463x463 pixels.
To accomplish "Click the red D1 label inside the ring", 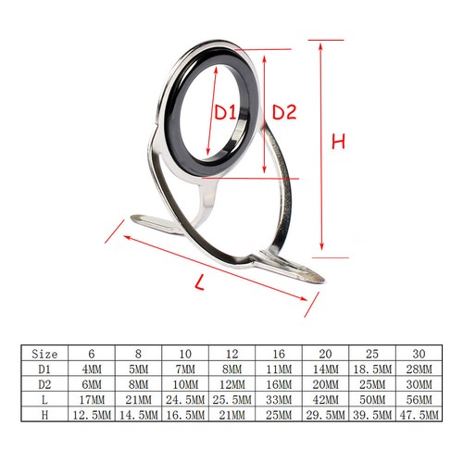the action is pyautogui.click(x=225, y=112).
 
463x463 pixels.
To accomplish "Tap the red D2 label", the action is pyautogui.click(x=284, y=112).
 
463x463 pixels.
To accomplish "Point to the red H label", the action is pyautogui.click(x=338, y=142).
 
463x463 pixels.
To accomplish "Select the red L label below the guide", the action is pyautogui.click(x=200, y=282).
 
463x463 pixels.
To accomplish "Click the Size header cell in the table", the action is pyautogui.click(x=44, y=354).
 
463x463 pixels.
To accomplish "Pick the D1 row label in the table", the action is pyautogui.click(x=44, y=369).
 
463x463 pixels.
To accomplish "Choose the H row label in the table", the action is pyautogui.click(x=44, y=415).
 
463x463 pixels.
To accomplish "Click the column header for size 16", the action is pyautogui.click(x=279, y=354).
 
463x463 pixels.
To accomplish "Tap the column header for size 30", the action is pyautogui.click(x=419, y=354).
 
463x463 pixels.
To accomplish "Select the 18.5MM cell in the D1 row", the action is pyautogui.click(x=372, y=369).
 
